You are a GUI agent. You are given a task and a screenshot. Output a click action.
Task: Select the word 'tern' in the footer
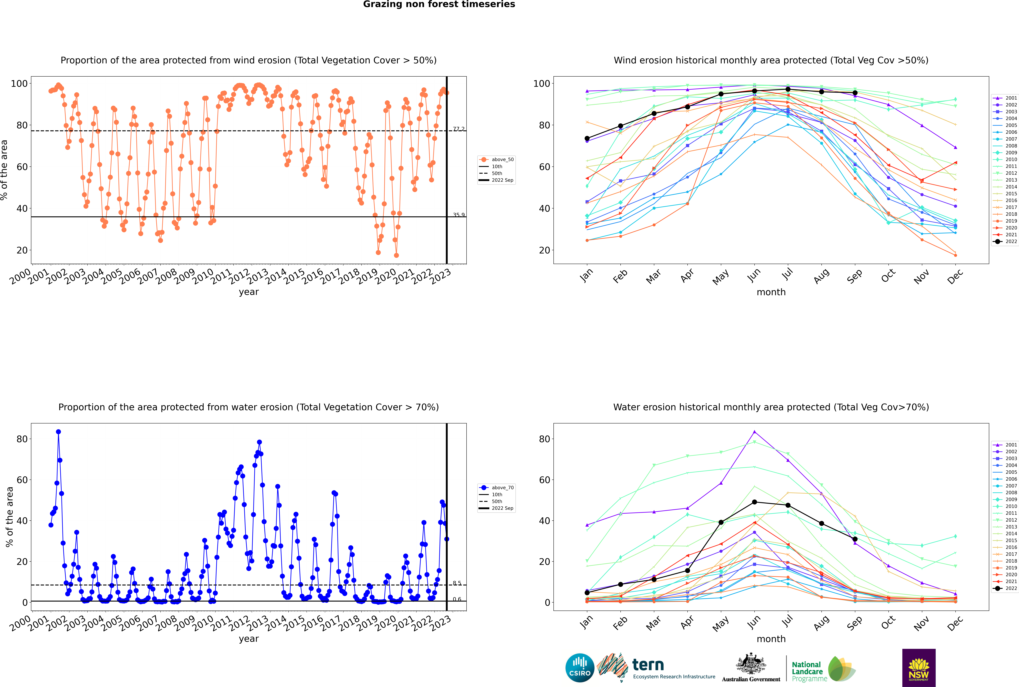click(648, 665)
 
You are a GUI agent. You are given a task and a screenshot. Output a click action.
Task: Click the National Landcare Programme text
click(807, 672)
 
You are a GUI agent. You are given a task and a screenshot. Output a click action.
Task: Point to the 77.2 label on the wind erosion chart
click(459, 129)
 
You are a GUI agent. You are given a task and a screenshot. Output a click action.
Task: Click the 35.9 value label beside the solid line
click(459, 215)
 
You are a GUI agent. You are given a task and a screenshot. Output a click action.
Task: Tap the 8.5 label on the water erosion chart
click(457, 583)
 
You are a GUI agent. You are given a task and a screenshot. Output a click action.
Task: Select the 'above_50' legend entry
click(496, 160)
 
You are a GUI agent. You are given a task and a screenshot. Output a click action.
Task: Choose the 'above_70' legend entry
click(496, 488)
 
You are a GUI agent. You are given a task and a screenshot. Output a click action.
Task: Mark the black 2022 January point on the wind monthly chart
click(587, 138)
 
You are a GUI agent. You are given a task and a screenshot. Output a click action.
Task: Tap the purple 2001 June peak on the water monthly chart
click(754, 432)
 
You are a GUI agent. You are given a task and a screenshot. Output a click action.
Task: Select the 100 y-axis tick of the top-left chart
click(19, 83)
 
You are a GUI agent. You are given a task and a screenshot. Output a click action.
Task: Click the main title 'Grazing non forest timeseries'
click(439, 4)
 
